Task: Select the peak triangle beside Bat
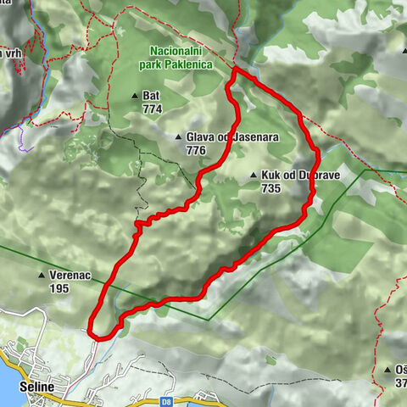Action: point(135,96)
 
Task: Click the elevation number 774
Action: point(153,109)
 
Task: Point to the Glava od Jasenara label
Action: point(218,137)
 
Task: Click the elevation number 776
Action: point(195,150)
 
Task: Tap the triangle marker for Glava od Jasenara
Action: point(177,137)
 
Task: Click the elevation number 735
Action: point(271,188)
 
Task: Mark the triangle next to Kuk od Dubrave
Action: point(254,176)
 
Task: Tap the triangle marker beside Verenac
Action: point(41,276)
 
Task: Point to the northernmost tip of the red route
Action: point(233,74)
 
